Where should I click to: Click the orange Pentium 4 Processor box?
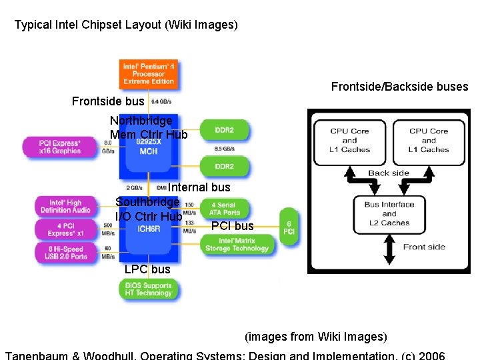click(x=148, y=73)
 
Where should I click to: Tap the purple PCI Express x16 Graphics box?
click(x=60, y=147)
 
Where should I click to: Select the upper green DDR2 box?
click(x=225, y=130)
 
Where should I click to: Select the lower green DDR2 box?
click(x=225, y=166)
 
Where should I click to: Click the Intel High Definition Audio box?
click(x=65, y=206)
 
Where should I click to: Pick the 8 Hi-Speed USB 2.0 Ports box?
click(x=65, y=253)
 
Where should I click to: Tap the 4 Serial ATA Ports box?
click(x=225, y=209)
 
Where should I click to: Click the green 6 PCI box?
click(x=289, y=227)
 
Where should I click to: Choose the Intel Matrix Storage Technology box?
click(x=236, y=244)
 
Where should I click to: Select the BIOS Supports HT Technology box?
click(x=148, y=289)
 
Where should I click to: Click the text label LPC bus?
click(x=147, y=269)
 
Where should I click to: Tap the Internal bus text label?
click(x=199, y=187)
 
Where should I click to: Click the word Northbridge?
click(x=141, y=121)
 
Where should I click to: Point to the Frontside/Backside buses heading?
click(x=399, y=87)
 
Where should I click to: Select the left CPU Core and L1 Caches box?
click(x=349, y=141)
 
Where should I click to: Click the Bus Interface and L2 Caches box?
click(x=389, y=213)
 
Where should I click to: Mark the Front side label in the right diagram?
click(x=424, y=247)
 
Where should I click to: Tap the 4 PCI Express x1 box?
click(x=65, y=229)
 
